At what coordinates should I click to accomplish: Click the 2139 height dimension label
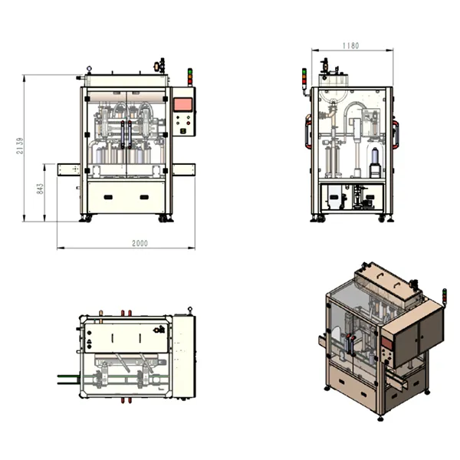coord(20,146)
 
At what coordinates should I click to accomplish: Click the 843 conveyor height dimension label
coord(40,189)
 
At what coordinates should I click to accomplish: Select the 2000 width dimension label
coord(140,243)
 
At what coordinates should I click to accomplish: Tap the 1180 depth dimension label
coord(350,46)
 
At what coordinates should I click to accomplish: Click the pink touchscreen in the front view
coord(183,105)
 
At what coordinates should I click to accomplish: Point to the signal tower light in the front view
coord(190,77)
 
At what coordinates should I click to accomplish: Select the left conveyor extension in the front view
coord(69,169)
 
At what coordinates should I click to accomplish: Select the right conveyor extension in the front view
coord(184,169)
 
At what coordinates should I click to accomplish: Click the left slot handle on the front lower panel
coord(108,197)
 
